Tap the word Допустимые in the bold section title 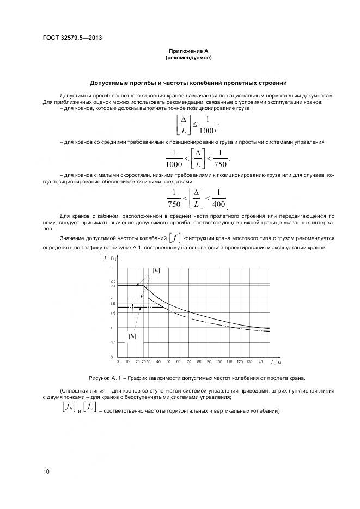pos(111,83)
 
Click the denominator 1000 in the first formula pos(207,129)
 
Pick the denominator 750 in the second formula pos(219,164)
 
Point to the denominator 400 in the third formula pos(218,205)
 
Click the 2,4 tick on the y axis pos(113,286)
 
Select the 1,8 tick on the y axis pos(113,303)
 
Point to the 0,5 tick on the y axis pos(113,342)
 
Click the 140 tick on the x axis pos(259,361)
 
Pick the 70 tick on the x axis pos(188,361)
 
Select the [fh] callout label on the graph pos(132,336)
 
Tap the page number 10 pos(46,471)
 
